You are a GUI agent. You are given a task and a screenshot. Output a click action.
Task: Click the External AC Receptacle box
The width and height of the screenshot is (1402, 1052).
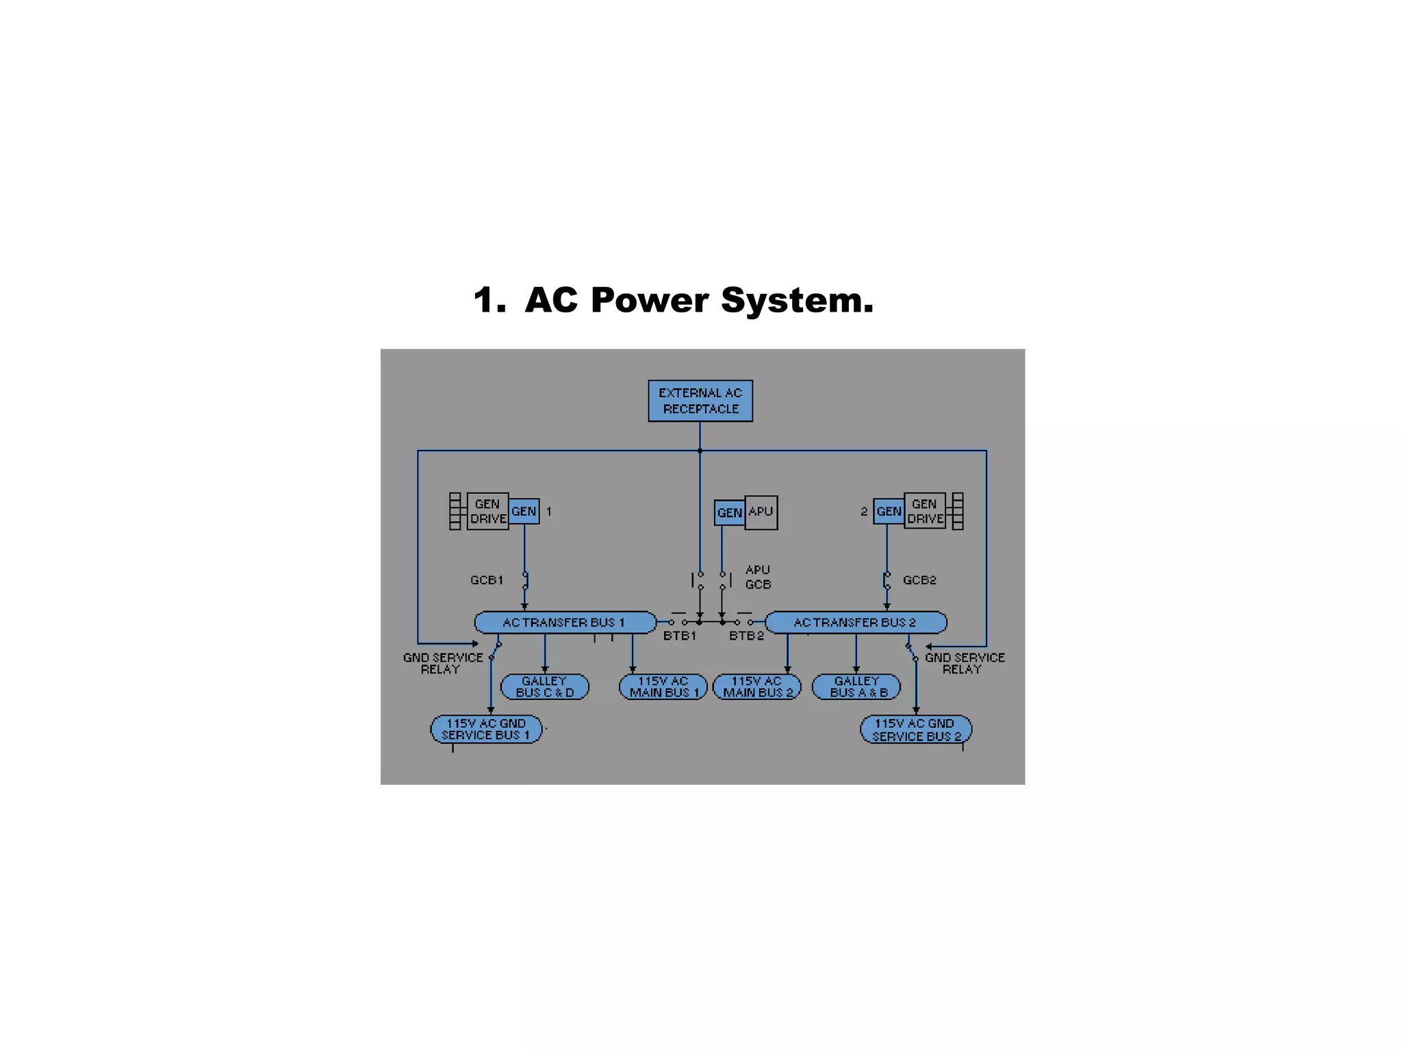[700, 401]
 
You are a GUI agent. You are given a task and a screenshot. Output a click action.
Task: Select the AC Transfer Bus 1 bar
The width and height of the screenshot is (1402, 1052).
[565, 623]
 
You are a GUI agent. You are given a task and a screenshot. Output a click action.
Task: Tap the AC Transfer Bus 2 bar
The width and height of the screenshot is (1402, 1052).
[856, 623]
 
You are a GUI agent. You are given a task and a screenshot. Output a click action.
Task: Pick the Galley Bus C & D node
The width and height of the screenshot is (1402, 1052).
[545, 687]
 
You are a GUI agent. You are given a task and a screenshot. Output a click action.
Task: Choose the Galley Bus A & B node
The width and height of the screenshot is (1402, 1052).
[856, 687]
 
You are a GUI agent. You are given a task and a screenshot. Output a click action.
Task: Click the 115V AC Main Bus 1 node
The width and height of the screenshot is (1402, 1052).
[663, 687]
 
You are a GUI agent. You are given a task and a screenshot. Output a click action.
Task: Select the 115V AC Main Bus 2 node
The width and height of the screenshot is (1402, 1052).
[756, 687]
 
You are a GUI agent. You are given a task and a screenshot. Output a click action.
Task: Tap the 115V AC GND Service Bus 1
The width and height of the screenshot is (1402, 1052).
[486, 729]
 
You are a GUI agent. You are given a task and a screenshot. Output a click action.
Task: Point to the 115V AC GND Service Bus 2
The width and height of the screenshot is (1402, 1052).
[916, 730]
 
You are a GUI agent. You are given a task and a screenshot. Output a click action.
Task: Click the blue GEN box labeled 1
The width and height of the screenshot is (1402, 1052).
[524, 511]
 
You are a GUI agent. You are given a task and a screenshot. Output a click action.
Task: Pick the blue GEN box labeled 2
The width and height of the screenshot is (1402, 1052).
[889, 511]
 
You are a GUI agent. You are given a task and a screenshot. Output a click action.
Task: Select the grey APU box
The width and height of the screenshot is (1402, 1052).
[761, 512]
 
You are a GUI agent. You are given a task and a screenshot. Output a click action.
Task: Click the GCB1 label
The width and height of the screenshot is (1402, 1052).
[487, 580]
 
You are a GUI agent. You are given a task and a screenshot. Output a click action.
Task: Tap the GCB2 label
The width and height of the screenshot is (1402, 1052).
[919, 580]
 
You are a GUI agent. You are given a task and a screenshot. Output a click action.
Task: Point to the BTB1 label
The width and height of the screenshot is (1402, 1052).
[679, 636]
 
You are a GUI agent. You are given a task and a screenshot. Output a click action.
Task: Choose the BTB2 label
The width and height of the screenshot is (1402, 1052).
[746, 636]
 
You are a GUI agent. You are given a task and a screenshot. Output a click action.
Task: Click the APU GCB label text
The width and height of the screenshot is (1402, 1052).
[758, 577]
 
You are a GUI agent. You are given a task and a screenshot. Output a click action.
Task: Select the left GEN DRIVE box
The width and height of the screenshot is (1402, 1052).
[487, 511]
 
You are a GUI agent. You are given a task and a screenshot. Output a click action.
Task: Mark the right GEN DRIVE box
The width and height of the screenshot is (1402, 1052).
[925, 511]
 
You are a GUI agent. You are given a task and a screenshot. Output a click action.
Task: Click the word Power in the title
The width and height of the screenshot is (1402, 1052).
[650, 300]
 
